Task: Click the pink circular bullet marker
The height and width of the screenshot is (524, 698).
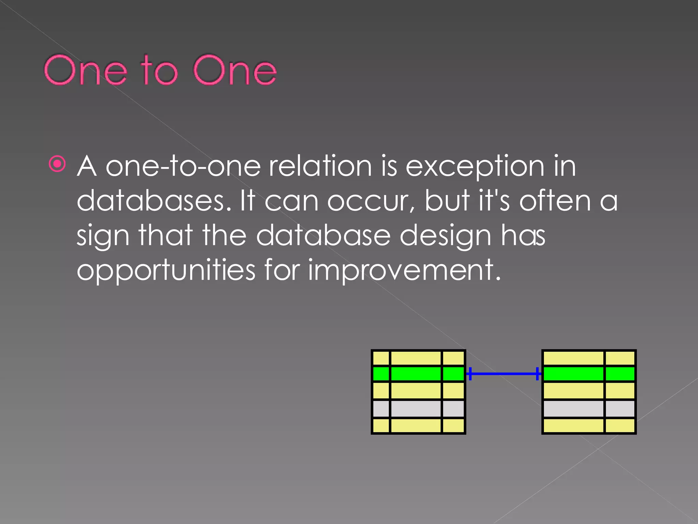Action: coord(57,164)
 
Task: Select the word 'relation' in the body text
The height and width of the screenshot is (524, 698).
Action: coord(320,166)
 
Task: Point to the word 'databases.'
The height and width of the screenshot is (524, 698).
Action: coord(155,201)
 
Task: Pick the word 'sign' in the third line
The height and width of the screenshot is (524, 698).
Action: coord(103,236)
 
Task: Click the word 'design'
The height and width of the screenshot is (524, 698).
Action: coord(445,236)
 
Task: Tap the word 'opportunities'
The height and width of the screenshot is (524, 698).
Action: coord(166,270)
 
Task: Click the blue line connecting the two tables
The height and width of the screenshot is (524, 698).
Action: coord(503,374)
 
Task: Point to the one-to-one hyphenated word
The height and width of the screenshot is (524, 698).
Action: coord(183,166)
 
